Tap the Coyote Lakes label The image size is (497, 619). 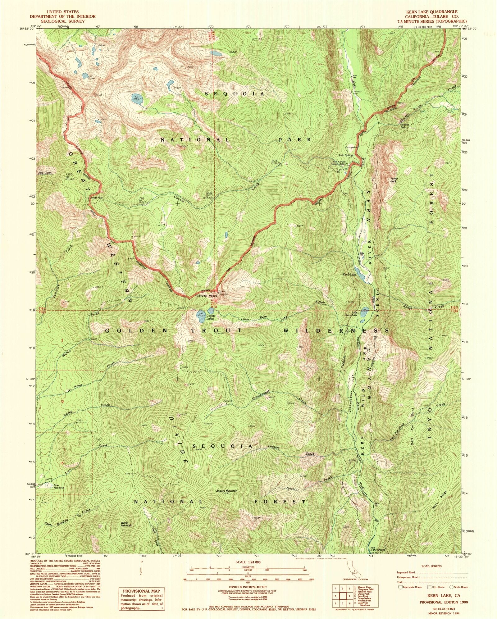point(211,317)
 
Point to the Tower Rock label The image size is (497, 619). point(394,180)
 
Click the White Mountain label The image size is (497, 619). point(126,524)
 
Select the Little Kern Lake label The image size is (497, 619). point(354,314)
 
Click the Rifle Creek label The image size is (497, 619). point(44,173)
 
